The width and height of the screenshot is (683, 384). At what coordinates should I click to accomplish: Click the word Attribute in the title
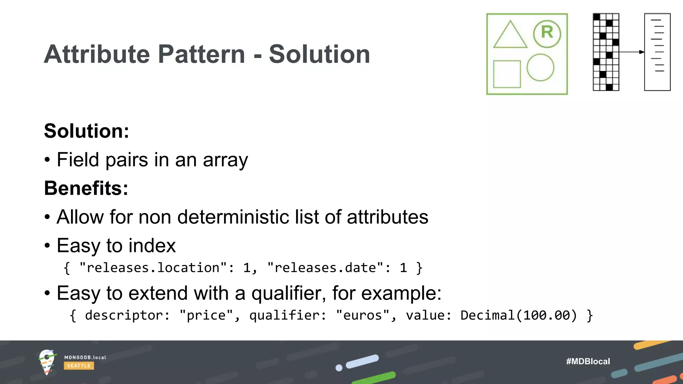coord(97,54)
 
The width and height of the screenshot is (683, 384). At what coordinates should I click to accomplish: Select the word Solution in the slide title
coord(319,54)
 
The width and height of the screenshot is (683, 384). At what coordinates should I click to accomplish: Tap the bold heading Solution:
coord(86,131)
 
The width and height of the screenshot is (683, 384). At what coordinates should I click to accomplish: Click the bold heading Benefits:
coord(86,188)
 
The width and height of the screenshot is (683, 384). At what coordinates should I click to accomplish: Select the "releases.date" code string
coord(325,268)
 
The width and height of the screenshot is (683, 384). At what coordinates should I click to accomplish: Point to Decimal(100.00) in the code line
coord(519,315)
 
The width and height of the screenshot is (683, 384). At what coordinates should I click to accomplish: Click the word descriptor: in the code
coord(127,315)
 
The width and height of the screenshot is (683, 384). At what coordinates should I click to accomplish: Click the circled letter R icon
coord(547,33)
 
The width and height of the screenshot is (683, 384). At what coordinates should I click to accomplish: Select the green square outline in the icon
coord(507,74)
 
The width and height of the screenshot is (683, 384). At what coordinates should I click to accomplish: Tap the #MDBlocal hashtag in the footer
coord(588,361)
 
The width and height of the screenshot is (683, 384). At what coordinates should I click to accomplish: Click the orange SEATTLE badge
coord(79,366)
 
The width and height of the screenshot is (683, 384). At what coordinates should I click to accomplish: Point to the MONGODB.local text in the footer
coord(85,357)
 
